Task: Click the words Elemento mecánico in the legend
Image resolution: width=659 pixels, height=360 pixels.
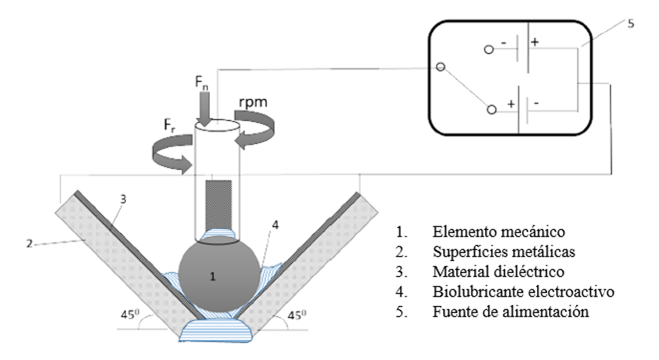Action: (499, 232)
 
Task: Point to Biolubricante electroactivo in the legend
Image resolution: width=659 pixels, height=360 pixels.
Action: (523, 292)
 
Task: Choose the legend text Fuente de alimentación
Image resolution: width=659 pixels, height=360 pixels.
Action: (511, 312)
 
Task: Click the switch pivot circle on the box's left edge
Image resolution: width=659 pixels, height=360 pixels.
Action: (440, 67)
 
